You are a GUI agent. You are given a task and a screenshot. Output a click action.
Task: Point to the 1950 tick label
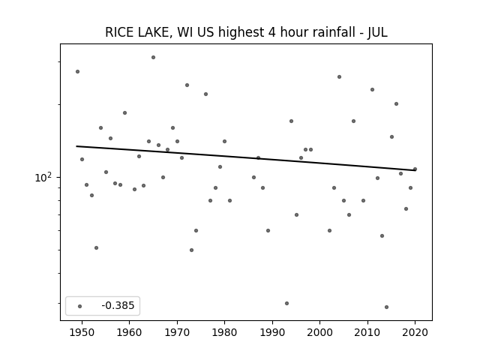tap(82, 332)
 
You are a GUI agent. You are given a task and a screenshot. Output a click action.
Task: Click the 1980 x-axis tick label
tap(224, 332)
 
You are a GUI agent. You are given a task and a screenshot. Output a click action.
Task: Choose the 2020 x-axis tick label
tap(415, 332)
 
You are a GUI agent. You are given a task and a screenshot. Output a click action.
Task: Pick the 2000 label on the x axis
tap(319, 332)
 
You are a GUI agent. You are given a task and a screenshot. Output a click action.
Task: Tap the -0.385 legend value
tap(118, 305)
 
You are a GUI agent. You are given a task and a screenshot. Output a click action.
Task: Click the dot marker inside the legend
tap(80, 306)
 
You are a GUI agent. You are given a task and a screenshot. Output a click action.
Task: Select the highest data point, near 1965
tap(153, 57)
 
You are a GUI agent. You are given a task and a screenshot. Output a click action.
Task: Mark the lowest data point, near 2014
tap(387, 307)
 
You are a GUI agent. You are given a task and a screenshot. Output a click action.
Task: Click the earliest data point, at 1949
tap(77, 72)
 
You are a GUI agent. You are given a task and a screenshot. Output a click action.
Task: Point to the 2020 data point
tap(415, 169)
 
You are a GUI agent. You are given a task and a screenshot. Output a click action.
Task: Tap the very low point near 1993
tap(286, 303)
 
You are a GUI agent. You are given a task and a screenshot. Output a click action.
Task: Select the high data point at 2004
tap(339, 76)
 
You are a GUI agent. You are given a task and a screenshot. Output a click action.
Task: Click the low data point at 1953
tap(97, 247)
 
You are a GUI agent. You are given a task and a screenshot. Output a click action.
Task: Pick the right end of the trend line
tap(415, 170)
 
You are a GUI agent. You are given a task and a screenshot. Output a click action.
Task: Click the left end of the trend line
tap(76, 146)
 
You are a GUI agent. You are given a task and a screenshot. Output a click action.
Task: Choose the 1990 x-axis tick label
tap(272, 332)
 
